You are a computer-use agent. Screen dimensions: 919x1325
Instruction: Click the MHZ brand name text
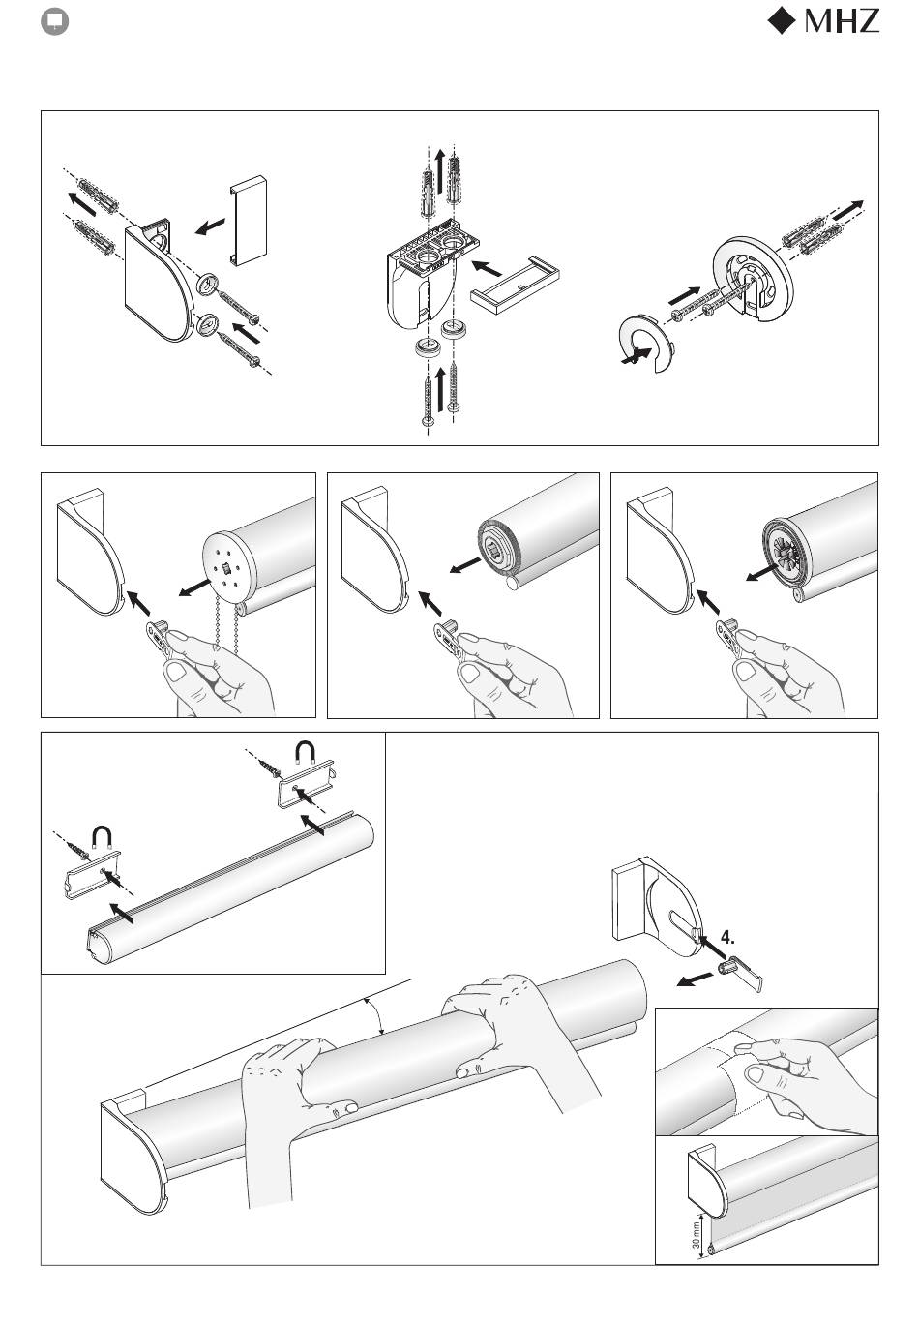click(841, 21)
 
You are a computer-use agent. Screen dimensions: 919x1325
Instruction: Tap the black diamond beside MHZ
click(783, 20)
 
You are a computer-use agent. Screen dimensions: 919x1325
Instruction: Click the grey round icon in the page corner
click(54, 22)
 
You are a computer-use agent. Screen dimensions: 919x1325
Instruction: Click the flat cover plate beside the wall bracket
click(248, 220)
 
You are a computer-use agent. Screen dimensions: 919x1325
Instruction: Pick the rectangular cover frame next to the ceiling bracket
click(515, 286)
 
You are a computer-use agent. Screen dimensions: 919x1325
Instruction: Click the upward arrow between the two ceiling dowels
click(439, 171)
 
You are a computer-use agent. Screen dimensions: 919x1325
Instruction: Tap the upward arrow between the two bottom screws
click(439, 389)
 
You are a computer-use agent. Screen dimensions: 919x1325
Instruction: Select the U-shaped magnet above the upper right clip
click(305, 752)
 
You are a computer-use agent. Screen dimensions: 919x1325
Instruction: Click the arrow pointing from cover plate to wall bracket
click(210, 226)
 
